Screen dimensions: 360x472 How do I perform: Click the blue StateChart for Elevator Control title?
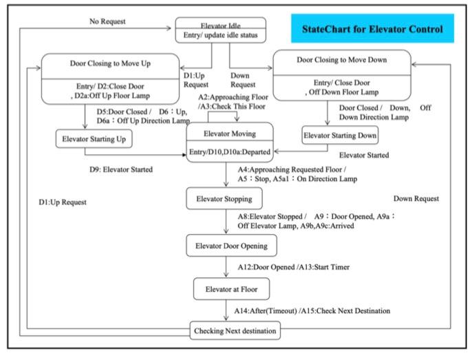point(372,30)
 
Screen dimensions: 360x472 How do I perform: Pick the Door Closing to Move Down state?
point(342,74)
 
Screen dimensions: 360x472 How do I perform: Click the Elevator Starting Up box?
point(94,140)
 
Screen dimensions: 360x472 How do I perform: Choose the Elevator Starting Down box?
point(340,136)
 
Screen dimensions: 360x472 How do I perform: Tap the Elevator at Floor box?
point(226,288)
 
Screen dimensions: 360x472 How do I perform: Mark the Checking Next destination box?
point(235,332)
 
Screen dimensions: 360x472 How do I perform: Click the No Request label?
point(108,21)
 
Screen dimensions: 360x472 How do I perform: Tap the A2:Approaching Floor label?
point(233,98)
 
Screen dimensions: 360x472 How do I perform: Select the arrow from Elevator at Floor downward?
point(226,311)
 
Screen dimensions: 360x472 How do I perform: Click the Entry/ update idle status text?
point(220,36)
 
